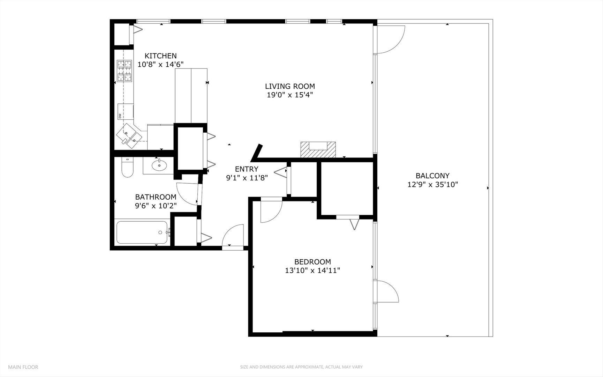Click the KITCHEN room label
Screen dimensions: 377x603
pyautogui.click(x=160, y=56)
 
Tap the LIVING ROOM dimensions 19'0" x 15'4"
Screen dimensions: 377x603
pyautogui.click(x=290, y=95)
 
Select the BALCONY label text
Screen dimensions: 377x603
pyautogui.click(x=432, y=176)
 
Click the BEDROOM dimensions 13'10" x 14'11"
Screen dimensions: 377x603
pyautogui.click(x=312, y=271)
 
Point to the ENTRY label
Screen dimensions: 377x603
pyautogui.click(x=247, y=169)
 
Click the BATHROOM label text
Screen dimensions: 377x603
pyautogui.click(x=156, y=197)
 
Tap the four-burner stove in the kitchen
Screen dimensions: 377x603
pyautogui.click(x=125, y=71)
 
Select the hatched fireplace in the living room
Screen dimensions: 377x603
pyautogui.click(x=318, y=150)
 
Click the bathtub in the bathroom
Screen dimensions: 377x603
pyautogui.click(x=142, y=232)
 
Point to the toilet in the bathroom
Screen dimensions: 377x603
pyautogui.click(x=127, y=168)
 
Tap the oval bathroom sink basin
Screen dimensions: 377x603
pyautogui.click(x=159, y=165)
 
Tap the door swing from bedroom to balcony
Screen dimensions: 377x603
pyautogui.click(x=386, y=291)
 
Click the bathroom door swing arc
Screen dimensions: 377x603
pyautogui.click(x=187, y=194)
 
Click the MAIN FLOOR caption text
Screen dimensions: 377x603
pyautogui.click(x=23, y=367)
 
